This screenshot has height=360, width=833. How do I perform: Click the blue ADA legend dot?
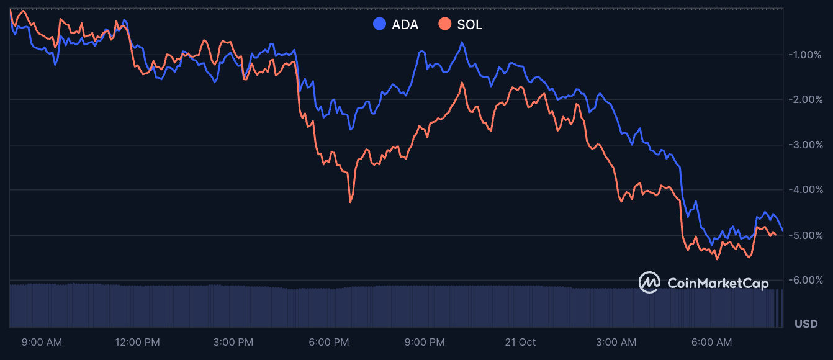click(379, 25)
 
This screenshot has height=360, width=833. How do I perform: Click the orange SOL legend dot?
click(444, 25)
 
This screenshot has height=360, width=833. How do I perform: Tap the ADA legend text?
click(405, 25)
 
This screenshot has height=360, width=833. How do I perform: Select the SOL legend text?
click(469, 25)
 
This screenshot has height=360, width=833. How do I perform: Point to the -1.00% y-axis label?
click(805, 55)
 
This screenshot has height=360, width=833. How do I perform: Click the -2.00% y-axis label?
click(805, 99)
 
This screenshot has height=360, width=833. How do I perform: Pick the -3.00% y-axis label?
click(805, 145)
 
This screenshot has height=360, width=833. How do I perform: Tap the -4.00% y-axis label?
click(805, 189)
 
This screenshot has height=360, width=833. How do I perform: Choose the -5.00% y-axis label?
click(805, 235)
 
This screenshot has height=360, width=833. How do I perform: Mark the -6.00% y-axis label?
click(805, 280)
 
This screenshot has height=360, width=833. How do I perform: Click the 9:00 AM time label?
click(42, 342)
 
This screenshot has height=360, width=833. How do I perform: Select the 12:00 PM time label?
click(138, 342)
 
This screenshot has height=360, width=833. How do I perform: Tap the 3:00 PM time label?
click(233, 342)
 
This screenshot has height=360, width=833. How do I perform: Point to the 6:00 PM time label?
click(330, 342)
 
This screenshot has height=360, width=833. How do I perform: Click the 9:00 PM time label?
click(425, 342)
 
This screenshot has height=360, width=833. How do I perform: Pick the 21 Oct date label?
click(520, 342)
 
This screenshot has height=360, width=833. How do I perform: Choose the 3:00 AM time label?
click(616, 342)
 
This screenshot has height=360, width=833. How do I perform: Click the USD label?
click(806, 323)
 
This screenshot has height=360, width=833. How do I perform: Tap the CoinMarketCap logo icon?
click(650, 282)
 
